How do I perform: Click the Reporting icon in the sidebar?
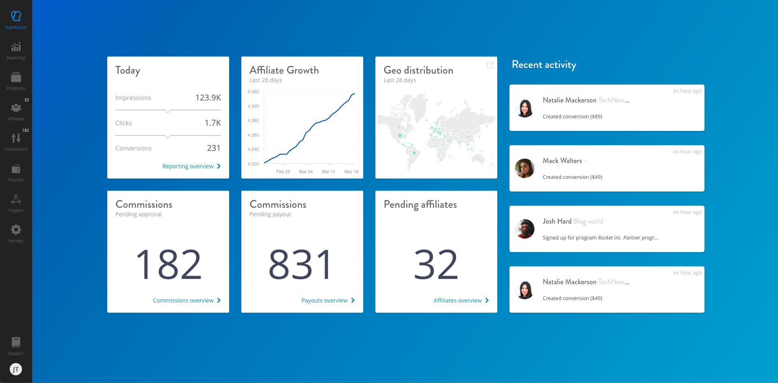click(x=16, y=47)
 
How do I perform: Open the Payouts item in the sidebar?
click(x=16, y=169)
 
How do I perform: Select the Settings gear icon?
click(x=16, y=230)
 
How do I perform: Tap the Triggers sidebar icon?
click(x=16, y=199)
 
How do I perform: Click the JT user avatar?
click(x=16, y=369)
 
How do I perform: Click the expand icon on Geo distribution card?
click(x=490, y=65)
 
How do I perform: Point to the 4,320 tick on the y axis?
click(x=253, y=92)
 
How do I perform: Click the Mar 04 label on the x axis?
click(x=306, y=172)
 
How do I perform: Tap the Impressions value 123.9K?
click(x=208, y=98)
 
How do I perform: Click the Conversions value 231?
click(x=214, y=148)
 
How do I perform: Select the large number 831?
click(x=301, y=265)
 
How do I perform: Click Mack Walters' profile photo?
click(x=524, y=168)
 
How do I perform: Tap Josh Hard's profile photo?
click(x=524, y=229)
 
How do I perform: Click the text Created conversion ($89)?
click(x=572, y=117)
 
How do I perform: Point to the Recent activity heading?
click(x=544, y=65)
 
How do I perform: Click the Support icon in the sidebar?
click(x=16, y=342)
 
